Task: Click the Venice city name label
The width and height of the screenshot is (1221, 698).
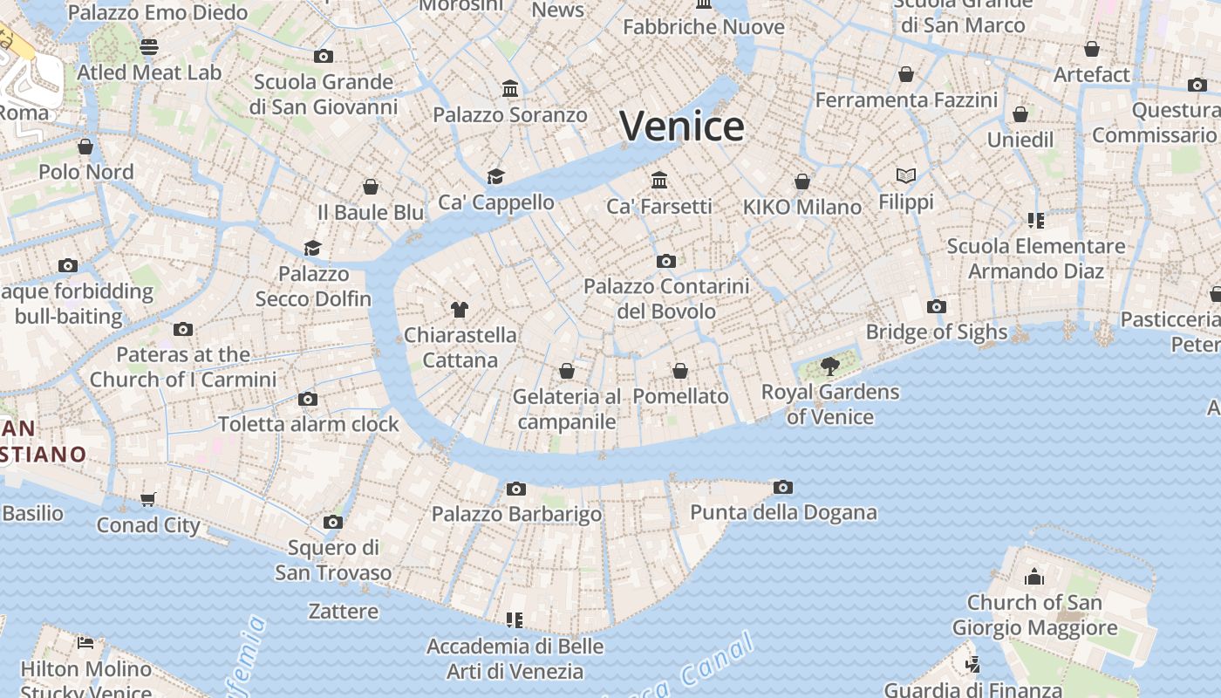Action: (682, 127)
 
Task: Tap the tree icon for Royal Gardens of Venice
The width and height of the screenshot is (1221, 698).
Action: (829, 366)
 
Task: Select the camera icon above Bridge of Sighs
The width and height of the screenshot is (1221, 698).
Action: (937, 306)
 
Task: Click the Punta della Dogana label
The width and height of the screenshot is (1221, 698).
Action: (783, 512)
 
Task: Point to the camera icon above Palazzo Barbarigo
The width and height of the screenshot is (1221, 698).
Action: (516, 489)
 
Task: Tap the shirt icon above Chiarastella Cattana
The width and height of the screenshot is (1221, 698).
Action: (460, 309)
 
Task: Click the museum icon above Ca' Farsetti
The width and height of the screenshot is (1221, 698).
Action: (659, 181)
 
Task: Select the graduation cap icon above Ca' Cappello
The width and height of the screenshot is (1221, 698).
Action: (495, 176)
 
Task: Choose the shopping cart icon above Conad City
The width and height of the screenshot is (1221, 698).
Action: (148, 500)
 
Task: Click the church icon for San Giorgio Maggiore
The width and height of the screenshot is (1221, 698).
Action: (1034, 577)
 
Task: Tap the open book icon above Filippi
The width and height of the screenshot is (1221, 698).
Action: (906, 176)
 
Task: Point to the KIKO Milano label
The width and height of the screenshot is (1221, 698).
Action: (801, 208)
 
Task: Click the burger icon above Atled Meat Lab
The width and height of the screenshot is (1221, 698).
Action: (149, 46)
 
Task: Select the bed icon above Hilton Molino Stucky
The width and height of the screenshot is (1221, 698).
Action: (85, 643)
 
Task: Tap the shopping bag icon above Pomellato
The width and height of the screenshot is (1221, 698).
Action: (680, 371)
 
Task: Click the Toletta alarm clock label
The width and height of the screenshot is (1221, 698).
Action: (308, 424)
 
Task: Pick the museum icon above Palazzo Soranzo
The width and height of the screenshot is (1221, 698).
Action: (510, 89)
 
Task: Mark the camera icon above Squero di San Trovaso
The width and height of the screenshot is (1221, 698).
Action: (332, 523)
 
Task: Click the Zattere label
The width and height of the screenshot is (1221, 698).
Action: (344, 611)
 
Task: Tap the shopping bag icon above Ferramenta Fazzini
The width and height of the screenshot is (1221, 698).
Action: (906, 75)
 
